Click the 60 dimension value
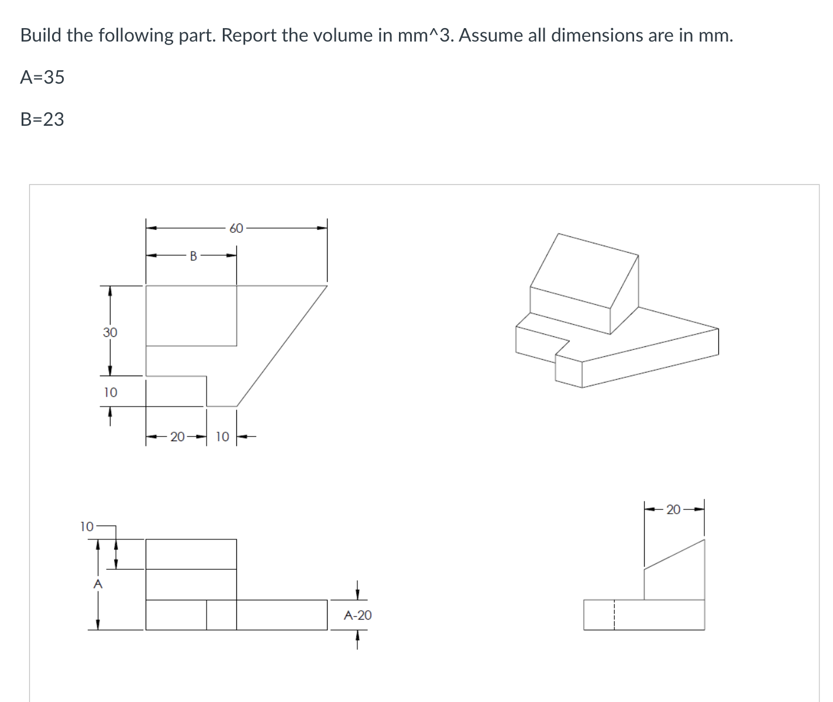pos(236,228)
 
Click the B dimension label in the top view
pos(193,255)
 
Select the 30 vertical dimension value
pos(110,332)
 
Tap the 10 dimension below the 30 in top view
pos(110,392)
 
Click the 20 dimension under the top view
pos(177,436)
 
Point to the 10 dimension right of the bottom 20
pos(222,436)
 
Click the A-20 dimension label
pos(357,615)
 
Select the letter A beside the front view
pos(98,583)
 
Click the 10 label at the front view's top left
pos(86,526)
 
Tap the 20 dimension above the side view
pos(673,510)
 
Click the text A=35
pos(42,77)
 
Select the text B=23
pos(42,119)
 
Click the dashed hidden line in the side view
pos(614,614)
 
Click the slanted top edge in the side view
pos(674,554)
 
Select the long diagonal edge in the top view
pos(282,345)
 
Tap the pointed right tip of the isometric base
pos(717,329)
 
